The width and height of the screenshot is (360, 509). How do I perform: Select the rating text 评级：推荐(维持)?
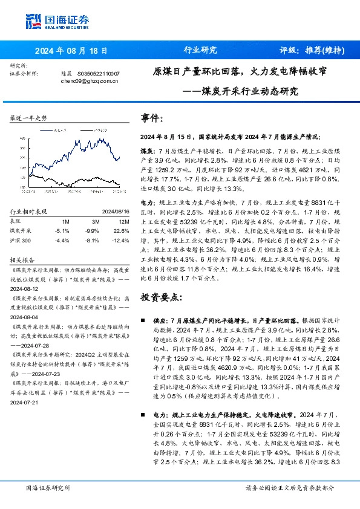[x=307, y=50]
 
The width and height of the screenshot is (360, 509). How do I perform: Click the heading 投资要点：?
[x=160, y=298]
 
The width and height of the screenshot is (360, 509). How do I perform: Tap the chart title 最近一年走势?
[x=29, y=118]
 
